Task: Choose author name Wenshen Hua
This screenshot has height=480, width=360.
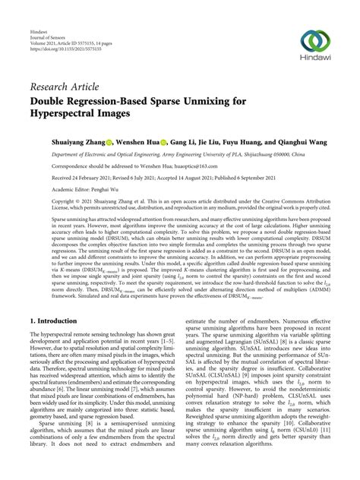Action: pos(137,141)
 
